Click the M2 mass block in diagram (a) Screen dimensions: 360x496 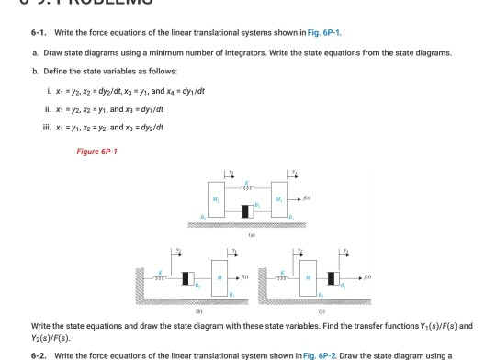pos(280,194)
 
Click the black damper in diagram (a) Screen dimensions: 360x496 pos(246,210)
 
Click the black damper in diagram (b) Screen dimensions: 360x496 pos(189,276)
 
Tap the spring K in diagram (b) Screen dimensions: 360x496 pos(164,276)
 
